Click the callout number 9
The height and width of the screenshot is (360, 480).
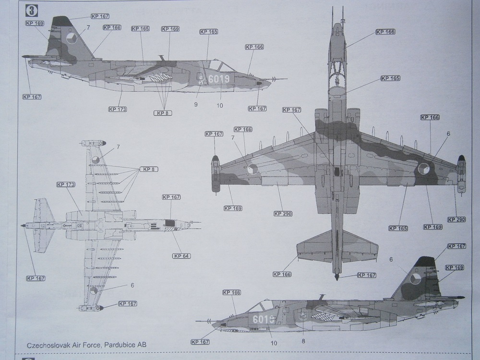click(x=196, y=104)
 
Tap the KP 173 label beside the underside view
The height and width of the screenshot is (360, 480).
click(x=66, y=184)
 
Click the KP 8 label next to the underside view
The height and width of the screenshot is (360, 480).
click(x=148, y=169)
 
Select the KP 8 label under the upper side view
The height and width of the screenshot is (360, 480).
click(x=163, y=113)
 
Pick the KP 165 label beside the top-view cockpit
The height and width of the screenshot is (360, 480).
click(x=390, y=78)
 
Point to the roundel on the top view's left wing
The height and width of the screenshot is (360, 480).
click(x=253, y=168)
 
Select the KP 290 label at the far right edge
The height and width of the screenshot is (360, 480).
click(x=456, y=219)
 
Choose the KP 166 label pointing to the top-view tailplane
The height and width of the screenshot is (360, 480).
click(x=282, y=274)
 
